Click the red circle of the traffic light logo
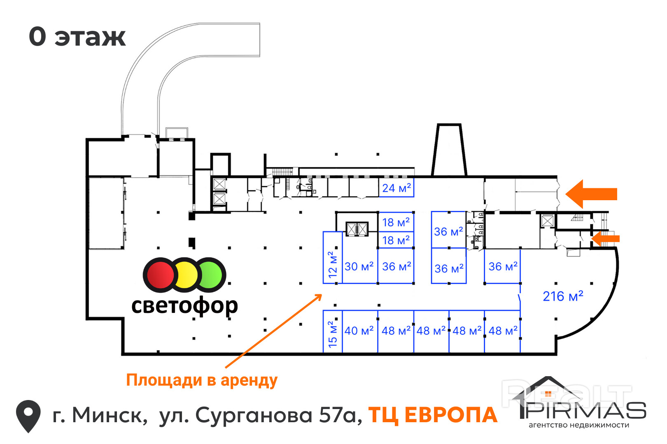(160, 275)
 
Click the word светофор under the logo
(184, 306)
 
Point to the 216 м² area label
(563, 296)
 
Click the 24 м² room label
(396, 188)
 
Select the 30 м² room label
(359, 266)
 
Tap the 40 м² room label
(359, 331)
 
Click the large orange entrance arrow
(591, 194)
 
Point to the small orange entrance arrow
(606, 238)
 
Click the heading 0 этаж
(77, 37)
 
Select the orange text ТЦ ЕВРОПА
(433, 415)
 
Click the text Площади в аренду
(202, 380)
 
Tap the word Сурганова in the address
(254, 415)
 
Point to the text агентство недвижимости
(578, 425)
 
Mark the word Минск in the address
(110, 415)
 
